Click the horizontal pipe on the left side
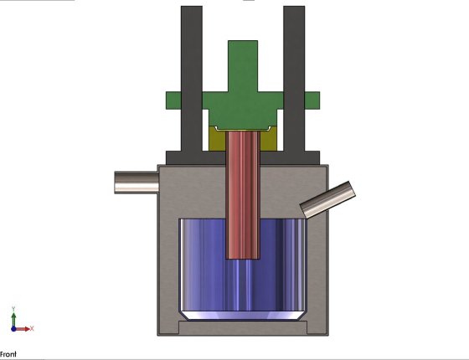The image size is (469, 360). [x=137, y=183]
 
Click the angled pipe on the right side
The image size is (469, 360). [x=327, y=199]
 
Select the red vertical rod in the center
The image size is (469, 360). [x=243, y=195]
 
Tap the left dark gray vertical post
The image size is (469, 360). [x=192, y=79]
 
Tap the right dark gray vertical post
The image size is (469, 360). [x=294, y=79]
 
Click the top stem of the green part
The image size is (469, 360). [x=243, y=66]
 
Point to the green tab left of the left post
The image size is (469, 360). [x=173, y=100]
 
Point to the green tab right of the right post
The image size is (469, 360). [x=312, y=100]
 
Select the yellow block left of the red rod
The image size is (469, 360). [x=217, y=139]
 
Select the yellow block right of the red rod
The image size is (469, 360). [x=269, y=140]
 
